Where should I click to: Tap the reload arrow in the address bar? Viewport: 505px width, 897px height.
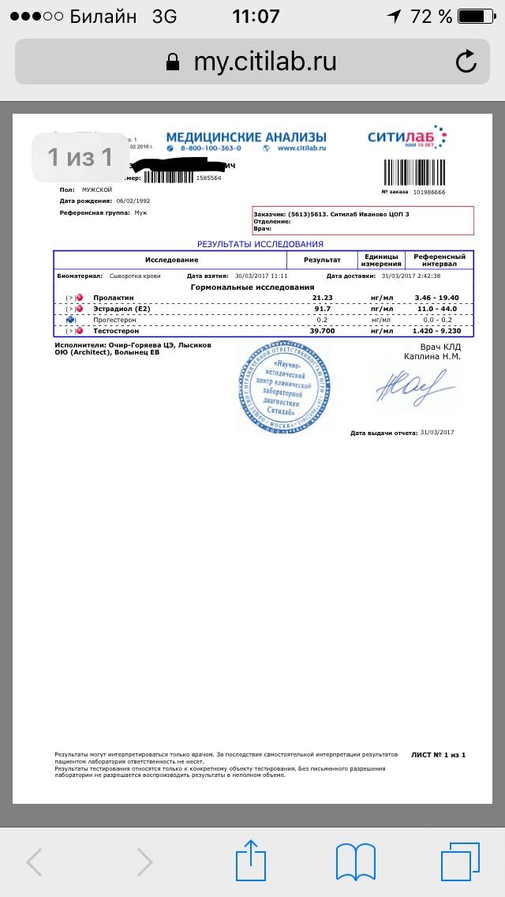coord(466,62)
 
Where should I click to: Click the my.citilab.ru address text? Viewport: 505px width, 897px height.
coord(265,62)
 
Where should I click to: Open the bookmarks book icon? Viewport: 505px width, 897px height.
coord(355,860)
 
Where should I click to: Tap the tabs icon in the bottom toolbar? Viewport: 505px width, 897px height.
coord(460,860)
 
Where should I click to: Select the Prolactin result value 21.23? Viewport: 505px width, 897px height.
coord(323,297)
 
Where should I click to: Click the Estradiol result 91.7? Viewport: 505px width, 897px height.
coord(323,308)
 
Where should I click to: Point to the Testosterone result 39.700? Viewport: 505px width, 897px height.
coord(323,330)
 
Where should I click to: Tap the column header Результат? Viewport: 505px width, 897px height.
coord(322,259)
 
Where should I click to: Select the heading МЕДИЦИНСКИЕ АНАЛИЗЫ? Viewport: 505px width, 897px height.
coord(245,138)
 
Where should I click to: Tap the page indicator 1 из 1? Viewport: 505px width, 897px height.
coord(80,158)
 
